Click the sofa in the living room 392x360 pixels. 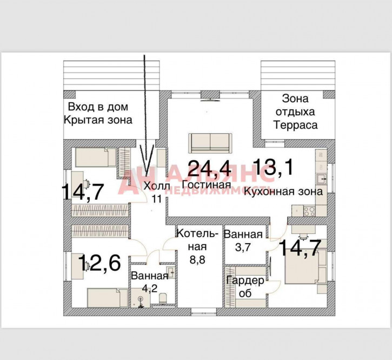(210, 142)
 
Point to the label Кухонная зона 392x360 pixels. (283, 191)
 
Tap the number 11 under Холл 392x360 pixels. (157, 198)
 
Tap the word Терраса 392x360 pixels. (295, 125)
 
